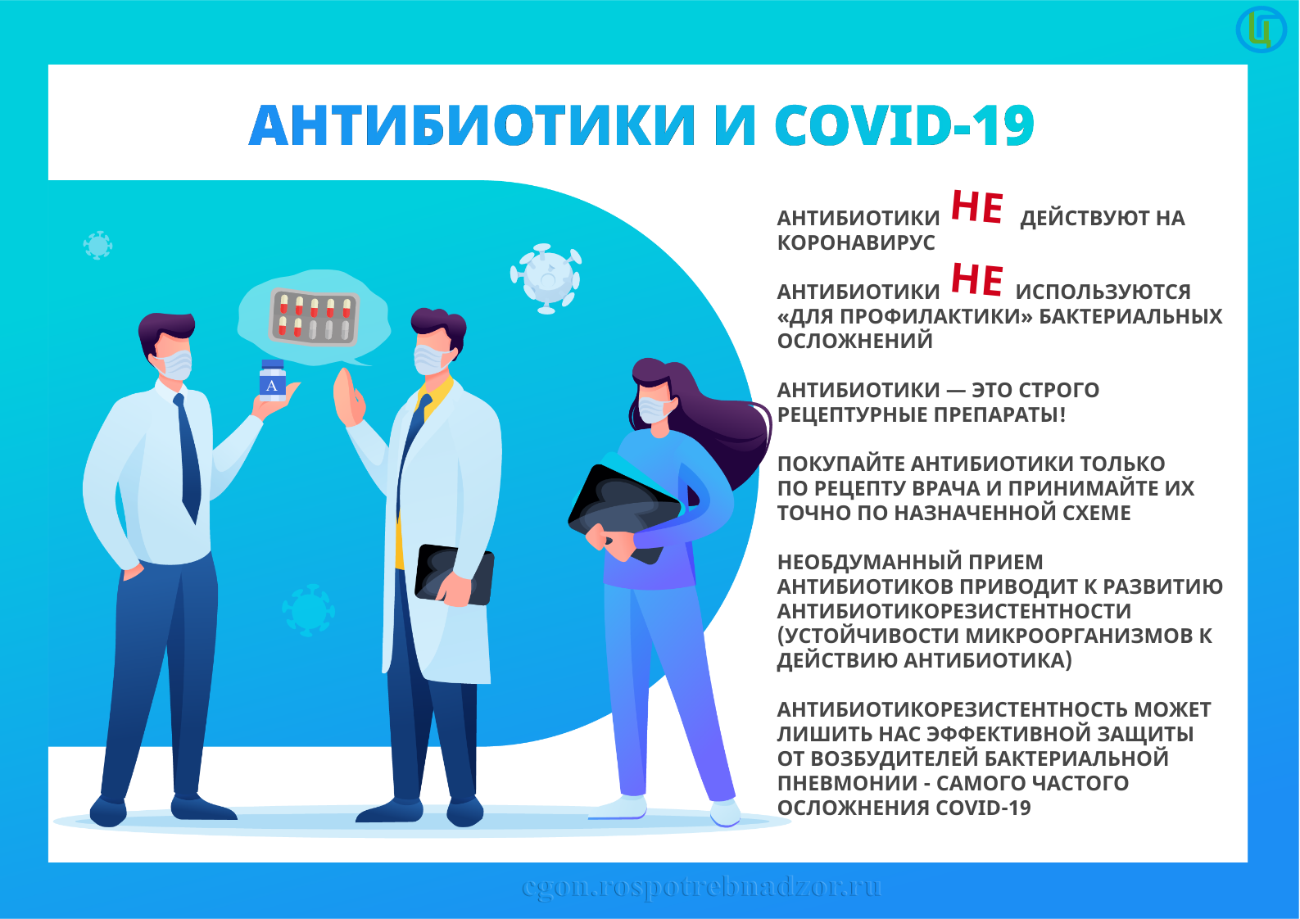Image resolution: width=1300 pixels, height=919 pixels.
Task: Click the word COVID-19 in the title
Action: click(x=904, y=124)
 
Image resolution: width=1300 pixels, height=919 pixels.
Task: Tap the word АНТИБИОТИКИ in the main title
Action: click(x=472, y=124)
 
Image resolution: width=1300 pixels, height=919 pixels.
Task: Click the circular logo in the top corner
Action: click(x=1261, y=29)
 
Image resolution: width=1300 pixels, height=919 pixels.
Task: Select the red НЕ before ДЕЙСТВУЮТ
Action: click(x=977, y=207)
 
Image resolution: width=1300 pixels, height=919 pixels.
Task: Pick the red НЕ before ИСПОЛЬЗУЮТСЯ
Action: click(x=977, y=279)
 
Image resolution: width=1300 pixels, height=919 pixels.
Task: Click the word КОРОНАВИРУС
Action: click(x=856, y=242)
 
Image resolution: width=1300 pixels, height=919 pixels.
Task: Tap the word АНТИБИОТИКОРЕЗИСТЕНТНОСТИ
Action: click(x=954, y=611)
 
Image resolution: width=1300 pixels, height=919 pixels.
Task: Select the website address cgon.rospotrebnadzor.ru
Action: click(x=702, y=886)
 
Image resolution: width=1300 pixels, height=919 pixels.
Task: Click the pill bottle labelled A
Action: click(x=272, y=381)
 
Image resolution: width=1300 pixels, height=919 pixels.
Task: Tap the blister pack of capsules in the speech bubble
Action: click(x=314, y=316)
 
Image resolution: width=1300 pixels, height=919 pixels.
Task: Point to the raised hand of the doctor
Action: click(x=348, y=398)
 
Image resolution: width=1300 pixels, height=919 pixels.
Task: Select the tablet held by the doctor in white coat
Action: click(x=454, y=574)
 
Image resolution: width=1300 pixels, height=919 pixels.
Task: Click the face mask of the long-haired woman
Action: click(x=655, y=409)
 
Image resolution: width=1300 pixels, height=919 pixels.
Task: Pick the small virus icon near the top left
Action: click(x=97, y=246)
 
